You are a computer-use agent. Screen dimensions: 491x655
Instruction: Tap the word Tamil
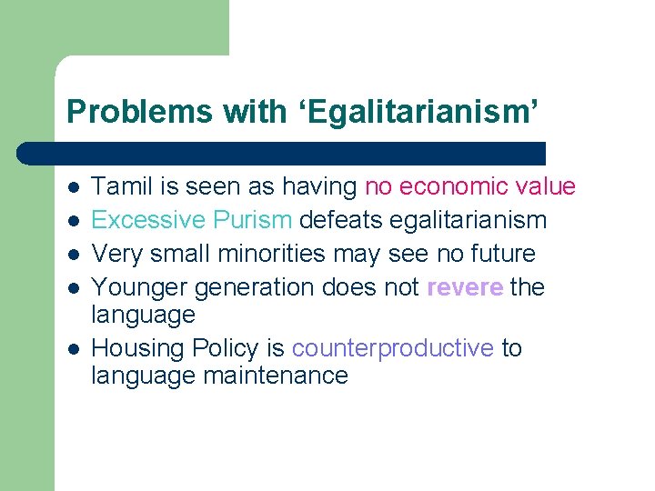click(121, 187)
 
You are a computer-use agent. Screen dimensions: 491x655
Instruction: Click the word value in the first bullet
click(547, 187)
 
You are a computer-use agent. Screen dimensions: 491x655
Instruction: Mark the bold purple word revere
click(465, 287)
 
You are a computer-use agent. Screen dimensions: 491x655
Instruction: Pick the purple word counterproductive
click(393, 348)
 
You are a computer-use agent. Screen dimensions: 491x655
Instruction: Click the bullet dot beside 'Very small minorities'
click(73, 255)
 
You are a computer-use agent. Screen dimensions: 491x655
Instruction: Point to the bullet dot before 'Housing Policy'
click(73, 349)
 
